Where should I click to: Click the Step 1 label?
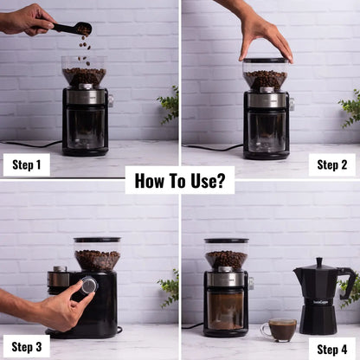coord(26,164)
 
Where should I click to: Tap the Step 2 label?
coord(332,164)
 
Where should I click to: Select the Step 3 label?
coord(26,346)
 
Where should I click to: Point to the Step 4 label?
coord(332,349)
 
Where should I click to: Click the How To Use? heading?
coord(180,180)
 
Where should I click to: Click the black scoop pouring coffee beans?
coord(73,29)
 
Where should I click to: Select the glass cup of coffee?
coord(280,329)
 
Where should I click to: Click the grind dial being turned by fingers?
coord(88,285)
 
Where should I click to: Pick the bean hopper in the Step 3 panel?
coord(97,254)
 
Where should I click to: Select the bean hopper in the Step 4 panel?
coord(226,254)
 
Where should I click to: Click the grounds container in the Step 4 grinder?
coord(226,309)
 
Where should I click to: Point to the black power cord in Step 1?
coord(30,143)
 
